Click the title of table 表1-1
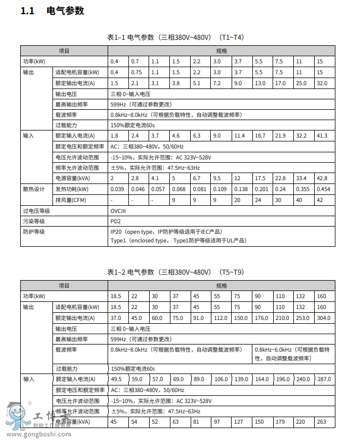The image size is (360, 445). tap(175, 38)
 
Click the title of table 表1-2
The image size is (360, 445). tap(175, 272)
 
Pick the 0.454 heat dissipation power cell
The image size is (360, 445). tap(323, 189)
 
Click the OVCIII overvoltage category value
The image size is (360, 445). tap(118, 211)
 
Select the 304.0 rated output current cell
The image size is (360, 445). tap(323, 318)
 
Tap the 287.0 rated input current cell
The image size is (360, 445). tap(324, 379)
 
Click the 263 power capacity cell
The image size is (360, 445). tap(322, 422)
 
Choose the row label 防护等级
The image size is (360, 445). tap(33, 232)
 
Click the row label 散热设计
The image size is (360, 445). tap(33, 189)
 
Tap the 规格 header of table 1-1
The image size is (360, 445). tap(221, 50)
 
